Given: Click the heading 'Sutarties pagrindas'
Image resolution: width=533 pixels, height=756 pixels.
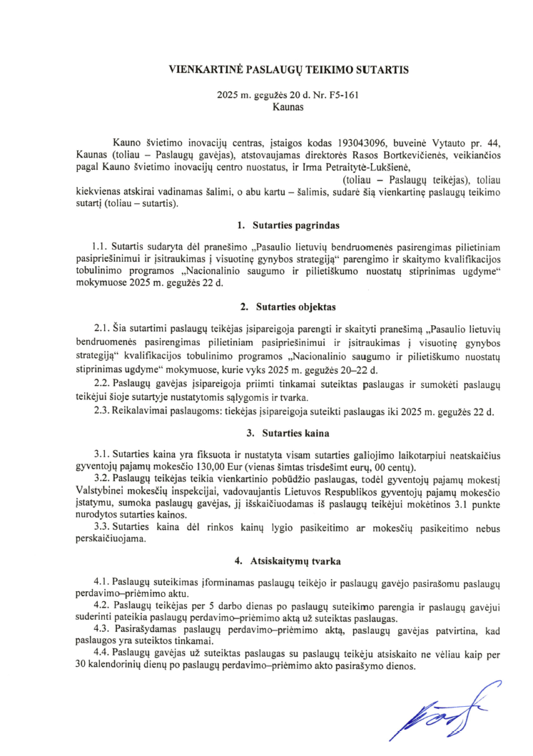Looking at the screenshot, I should [x=293, y=225].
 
